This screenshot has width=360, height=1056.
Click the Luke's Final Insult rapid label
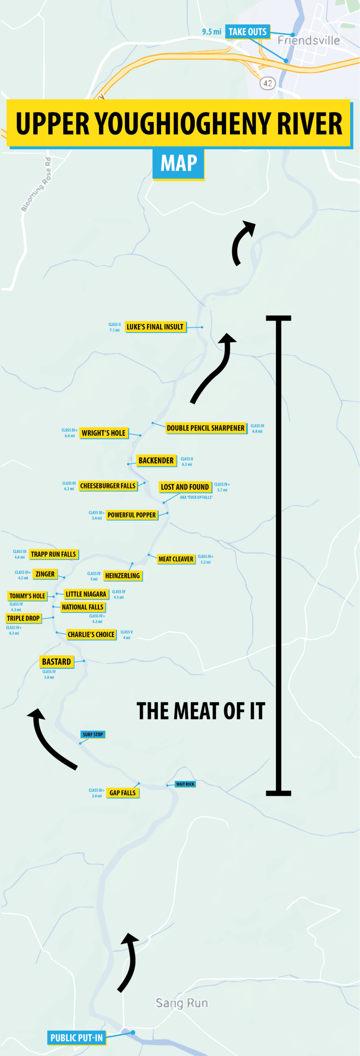155,327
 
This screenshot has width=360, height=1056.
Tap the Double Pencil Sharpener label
206,428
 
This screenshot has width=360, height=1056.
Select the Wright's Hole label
103,433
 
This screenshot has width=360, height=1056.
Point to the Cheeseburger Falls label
108,486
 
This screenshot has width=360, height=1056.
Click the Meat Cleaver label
176,559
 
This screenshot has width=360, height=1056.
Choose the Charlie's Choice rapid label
91,635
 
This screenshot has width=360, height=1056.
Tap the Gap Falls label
122,793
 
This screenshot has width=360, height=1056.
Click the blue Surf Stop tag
93,734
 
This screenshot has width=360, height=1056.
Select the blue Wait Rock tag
185,784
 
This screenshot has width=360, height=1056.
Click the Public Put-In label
76,1038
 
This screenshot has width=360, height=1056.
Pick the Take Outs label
247,32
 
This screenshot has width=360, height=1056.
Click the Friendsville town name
309,41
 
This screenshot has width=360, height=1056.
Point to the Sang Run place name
182,1003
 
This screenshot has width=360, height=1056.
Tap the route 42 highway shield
268,83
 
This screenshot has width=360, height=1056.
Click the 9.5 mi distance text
211,32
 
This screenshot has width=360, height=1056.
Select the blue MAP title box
179,163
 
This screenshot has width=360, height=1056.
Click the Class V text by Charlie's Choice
126,632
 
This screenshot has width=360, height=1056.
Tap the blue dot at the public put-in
133,1032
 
